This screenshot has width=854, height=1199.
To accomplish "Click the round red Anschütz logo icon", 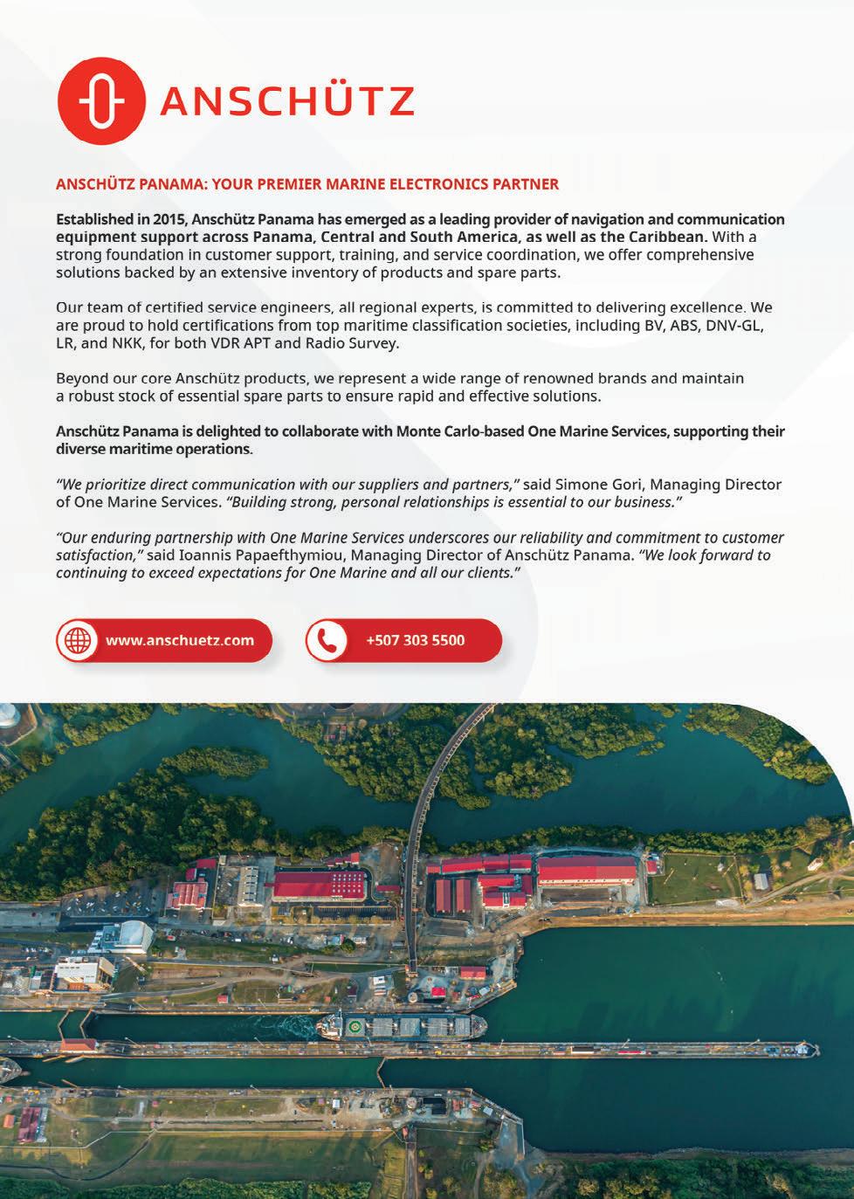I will pyautogui.click(x=100, y=101).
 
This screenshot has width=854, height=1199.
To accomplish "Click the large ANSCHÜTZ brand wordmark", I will pyautogui.click(x=286, y=102).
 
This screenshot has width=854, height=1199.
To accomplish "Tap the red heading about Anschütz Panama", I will pyautogui.click(x=306, y=184).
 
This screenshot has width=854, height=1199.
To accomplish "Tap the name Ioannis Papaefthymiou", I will pyautogui.click(x=250, y=555).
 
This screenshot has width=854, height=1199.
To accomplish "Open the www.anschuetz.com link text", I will pyautogui.click(x=180, y=640).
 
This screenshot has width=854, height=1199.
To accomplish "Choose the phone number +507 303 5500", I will pyautogui.click(x=416, y=640).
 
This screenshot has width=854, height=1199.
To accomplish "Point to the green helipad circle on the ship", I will pyautogui.click(x=354, y=1026).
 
